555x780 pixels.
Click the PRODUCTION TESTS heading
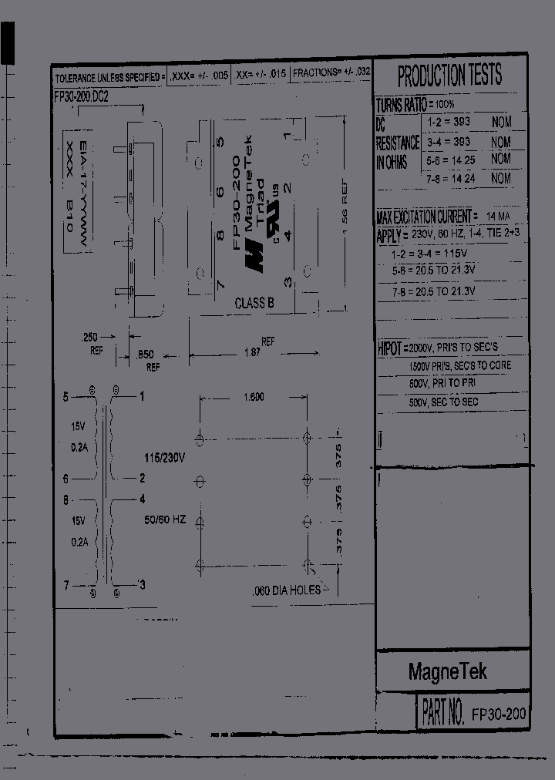pos(449,76)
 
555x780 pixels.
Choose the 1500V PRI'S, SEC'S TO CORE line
pos(459,366)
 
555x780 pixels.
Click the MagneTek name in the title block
pos(447,672)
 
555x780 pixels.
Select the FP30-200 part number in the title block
pos(498,714)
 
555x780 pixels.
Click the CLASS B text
pos(254,304)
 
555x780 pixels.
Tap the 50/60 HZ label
pos(165,520)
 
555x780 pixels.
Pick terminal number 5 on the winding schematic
pos(66,397)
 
